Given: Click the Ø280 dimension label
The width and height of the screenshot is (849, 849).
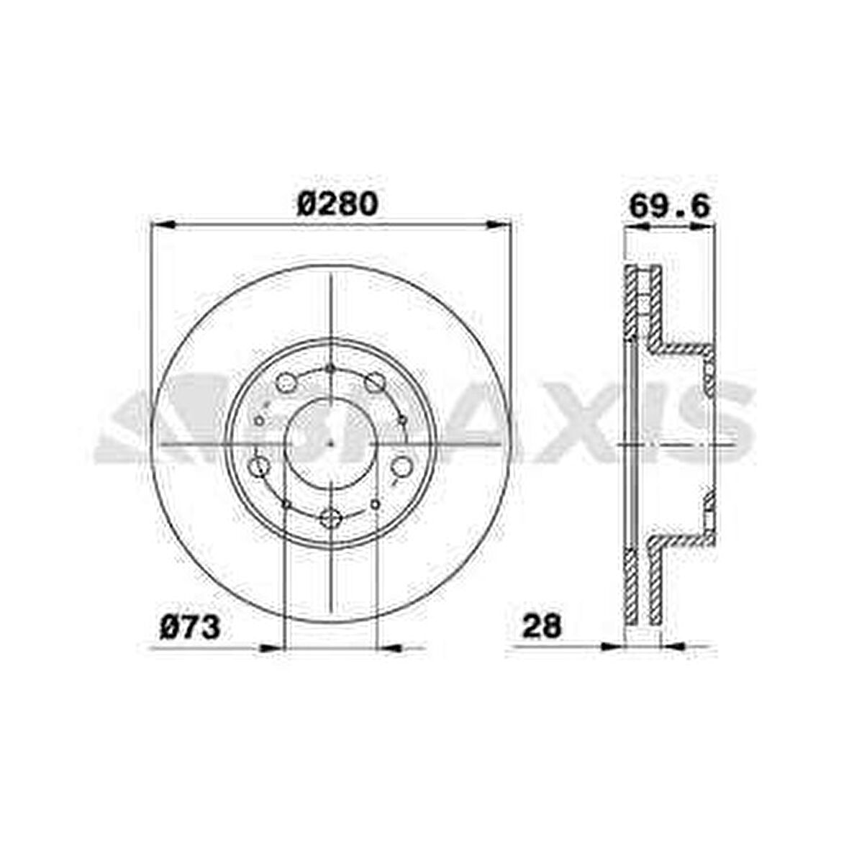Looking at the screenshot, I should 337,205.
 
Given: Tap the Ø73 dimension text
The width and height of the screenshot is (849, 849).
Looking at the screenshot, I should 189,627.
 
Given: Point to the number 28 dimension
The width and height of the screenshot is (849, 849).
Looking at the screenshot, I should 541,627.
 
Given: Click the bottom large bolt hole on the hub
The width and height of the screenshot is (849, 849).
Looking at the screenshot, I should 330,517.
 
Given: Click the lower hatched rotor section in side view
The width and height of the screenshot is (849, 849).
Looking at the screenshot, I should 632,586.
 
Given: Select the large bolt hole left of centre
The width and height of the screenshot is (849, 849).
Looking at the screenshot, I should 259,466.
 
